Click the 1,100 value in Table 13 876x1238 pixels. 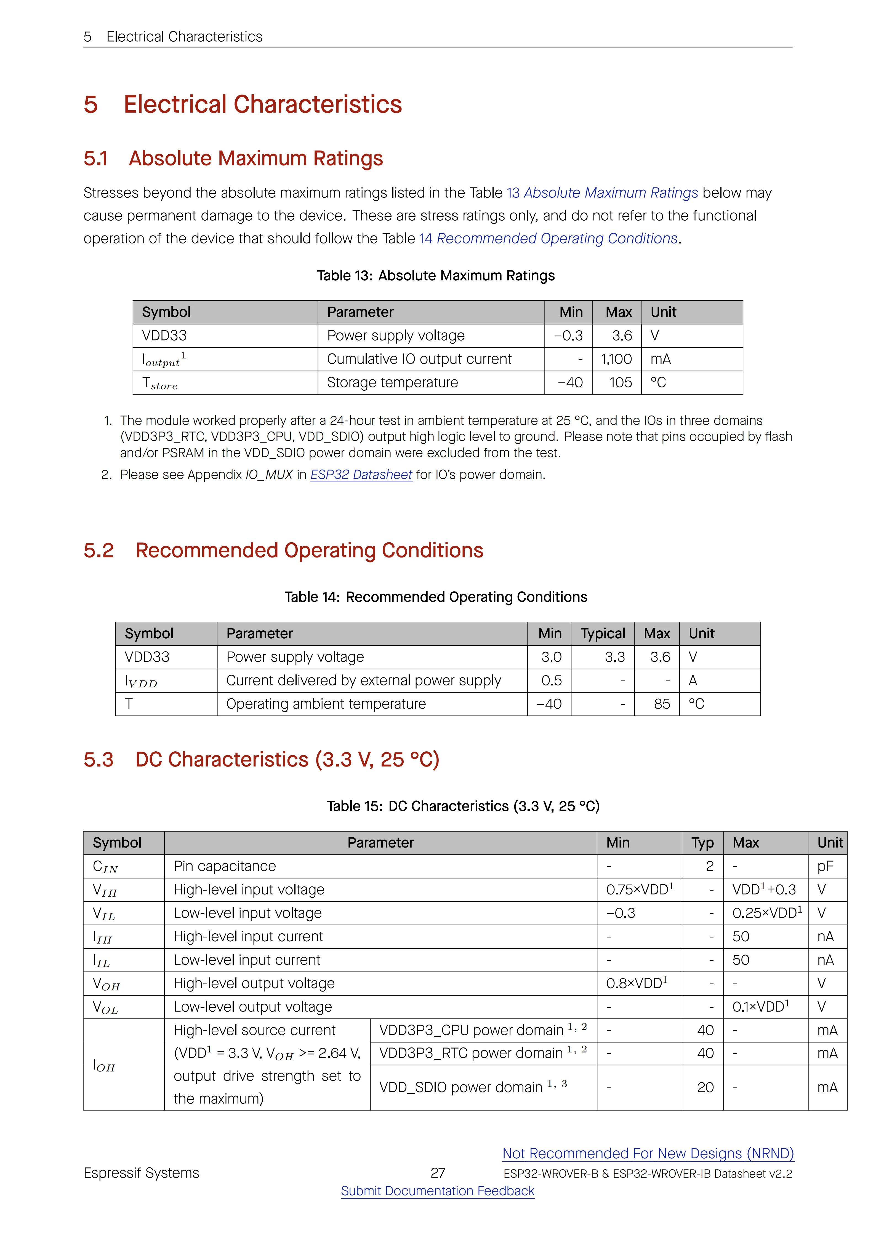click(x=617, y=359)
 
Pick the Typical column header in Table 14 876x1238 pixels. click(x=603, y=634)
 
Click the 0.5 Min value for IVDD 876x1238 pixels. click(x=551, y=680)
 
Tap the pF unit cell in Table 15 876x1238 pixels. click(x=825, y=867)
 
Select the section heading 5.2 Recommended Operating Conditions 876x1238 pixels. click(x=283, y=551)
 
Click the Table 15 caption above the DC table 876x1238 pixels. click(x=463, y=806)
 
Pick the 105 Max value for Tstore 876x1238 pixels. click(x=620, y=382)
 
